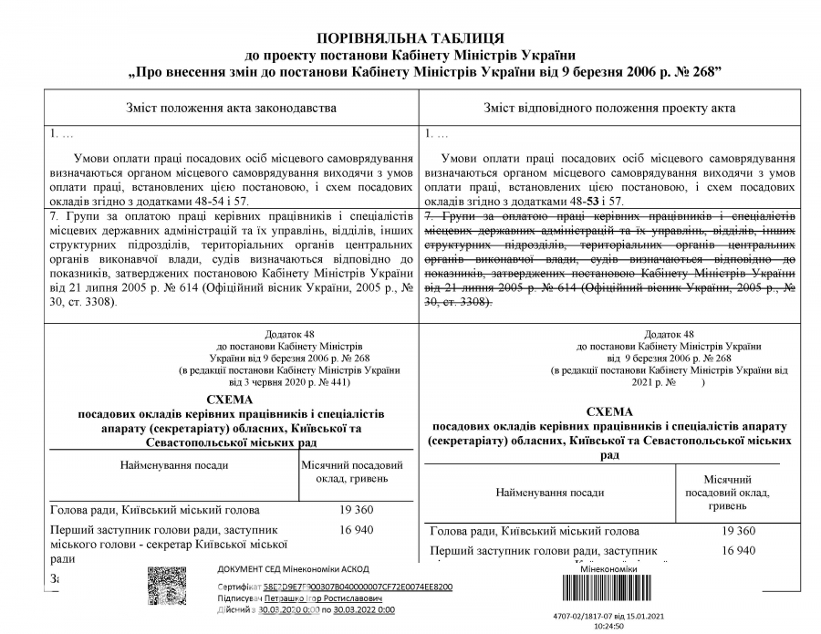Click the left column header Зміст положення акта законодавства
click(x=231, y=108)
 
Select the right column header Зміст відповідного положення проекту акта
click(x=610, y=108)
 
